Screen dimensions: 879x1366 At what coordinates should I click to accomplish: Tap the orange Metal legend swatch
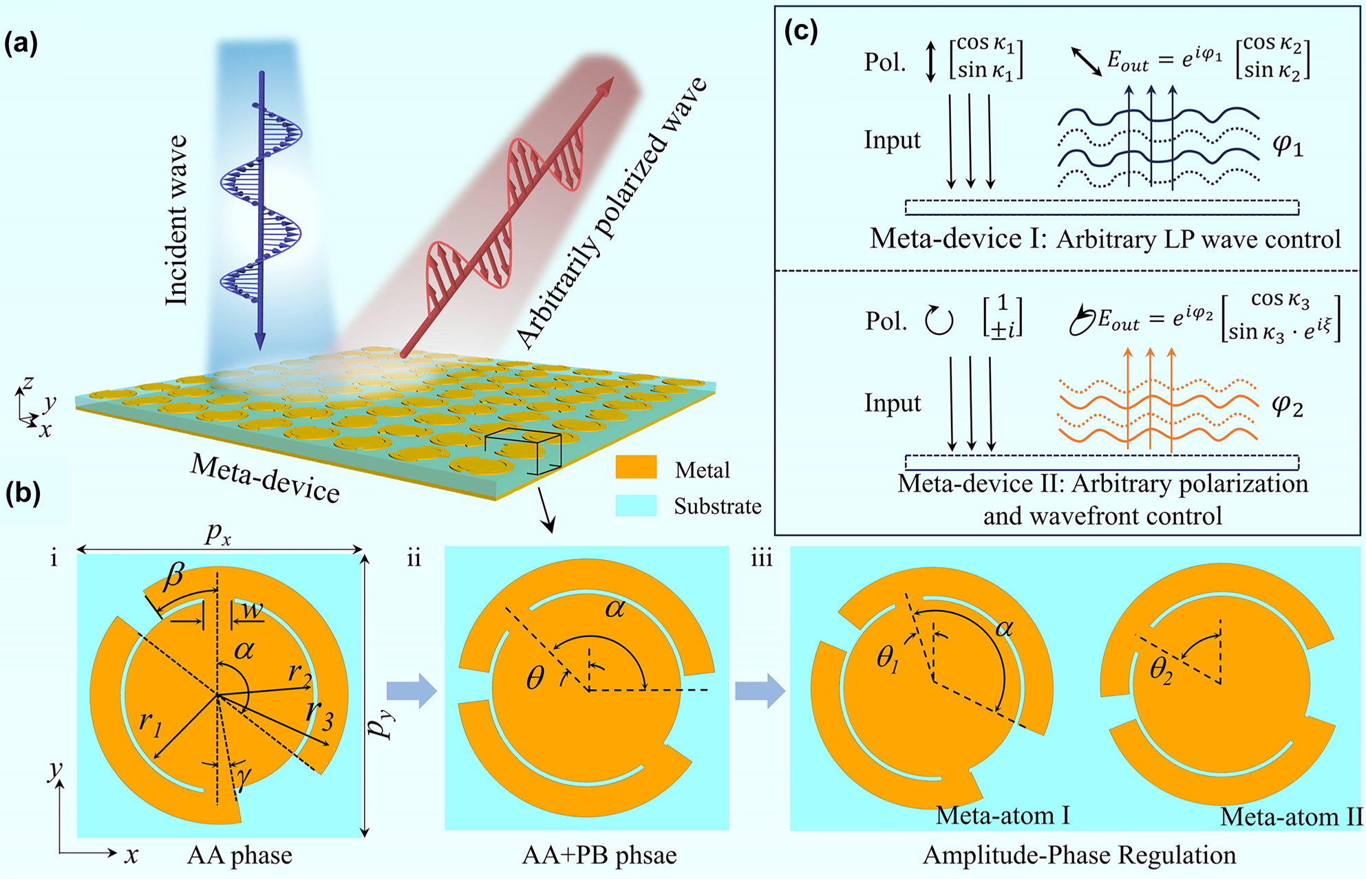[x=636, y=468]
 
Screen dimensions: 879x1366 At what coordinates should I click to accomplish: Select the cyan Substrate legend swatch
[x=636, y=506]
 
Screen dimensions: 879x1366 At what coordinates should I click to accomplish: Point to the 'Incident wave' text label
[x=177, y=220]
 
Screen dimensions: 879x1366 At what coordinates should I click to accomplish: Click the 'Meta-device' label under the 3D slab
[x=265, y=477]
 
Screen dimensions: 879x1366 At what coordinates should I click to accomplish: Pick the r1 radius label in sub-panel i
[x=149, y=723]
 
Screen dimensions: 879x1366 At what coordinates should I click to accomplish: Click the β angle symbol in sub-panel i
[x=174, y=574]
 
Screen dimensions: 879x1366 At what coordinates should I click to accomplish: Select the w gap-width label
[x=253, y=609]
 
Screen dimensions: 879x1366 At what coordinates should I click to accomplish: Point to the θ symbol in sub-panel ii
[x=535, y=679]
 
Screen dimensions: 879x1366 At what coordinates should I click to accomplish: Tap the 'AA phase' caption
[x=239, y=855]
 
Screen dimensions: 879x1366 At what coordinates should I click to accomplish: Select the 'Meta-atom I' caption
[x=1003, y=816]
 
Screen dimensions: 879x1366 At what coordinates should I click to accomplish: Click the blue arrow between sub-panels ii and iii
[x=760, y=691]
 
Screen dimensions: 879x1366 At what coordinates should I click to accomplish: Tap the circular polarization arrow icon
[x=939, y=321]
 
